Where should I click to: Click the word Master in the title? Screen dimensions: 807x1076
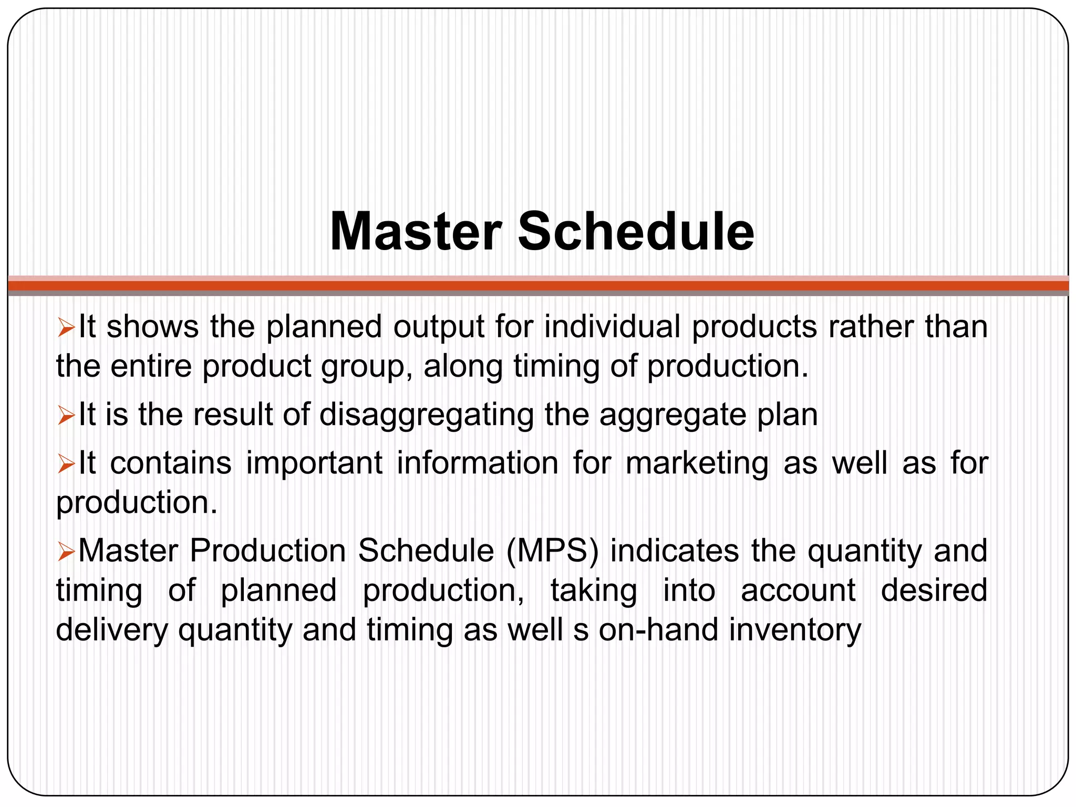[415, 232]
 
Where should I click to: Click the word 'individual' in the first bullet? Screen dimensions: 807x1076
[612, 327]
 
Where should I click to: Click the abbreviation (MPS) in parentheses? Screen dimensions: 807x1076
[552, 551]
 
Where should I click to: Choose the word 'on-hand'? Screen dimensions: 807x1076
[658, 630]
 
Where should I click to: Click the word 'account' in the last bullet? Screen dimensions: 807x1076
[798, 591]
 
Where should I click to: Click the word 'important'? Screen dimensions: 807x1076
[314, 463]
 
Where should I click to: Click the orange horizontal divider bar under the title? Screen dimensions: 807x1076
[538, 286]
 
